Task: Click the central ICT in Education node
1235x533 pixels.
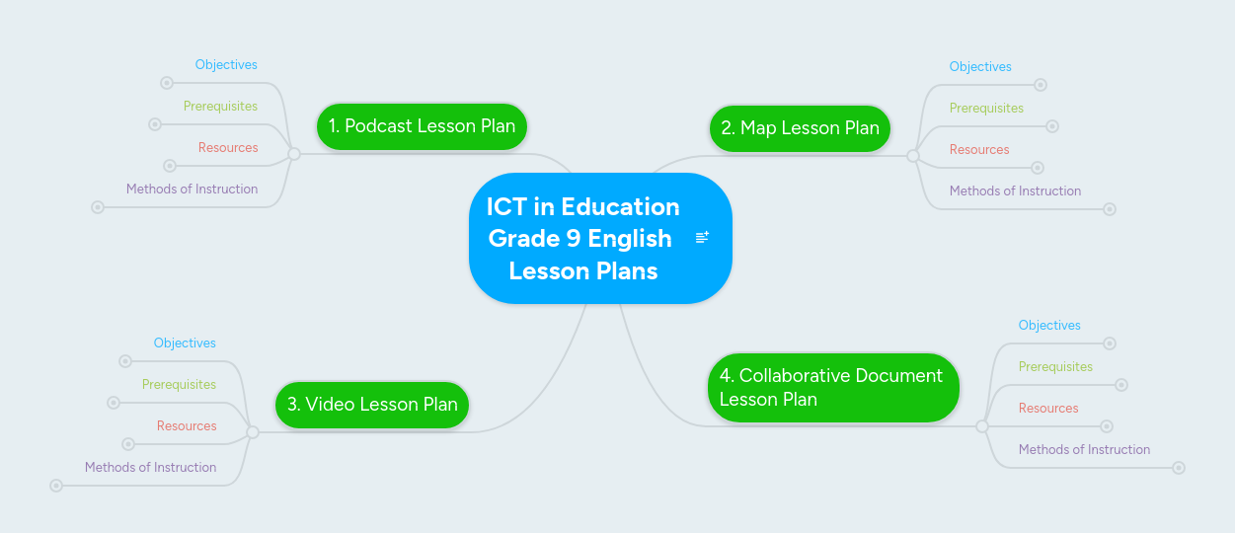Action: [582, 238]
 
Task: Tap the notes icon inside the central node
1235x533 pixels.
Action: [703, 237]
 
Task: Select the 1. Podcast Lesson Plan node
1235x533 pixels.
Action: [422, 126]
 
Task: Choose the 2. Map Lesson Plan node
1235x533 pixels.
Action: [800, 128]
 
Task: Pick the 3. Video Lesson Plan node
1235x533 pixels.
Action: [372, 405]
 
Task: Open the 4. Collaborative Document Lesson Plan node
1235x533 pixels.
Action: [832, 387]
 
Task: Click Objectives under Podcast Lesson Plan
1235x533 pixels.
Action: [226, 65]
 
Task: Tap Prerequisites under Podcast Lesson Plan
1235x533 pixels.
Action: [220, 107]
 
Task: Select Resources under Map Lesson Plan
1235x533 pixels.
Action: [979, 150]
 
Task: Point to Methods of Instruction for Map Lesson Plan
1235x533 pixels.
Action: [1015, 191]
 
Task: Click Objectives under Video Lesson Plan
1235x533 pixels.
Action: [185, 343]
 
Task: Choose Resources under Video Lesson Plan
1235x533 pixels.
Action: [187, 426]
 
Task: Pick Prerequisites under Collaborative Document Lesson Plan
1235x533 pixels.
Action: [1055, 367]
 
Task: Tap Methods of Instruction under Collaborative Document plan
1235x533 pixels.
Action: [1084, 450]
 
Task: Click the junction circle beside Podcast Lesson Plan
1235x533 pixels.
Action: [293, 154]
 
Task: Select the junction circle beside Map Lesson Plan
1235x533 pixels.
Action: [913, 156]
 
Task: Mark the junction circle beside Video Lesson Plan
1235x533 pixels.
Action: [252, 432]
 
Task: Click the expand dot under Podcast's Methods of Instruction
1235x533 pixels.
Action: [98, 207]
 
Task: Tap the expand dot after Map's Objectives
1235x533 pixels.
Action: [1041, 86]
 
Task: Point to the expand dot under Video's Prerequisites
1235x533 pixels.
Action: [114, 403]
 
